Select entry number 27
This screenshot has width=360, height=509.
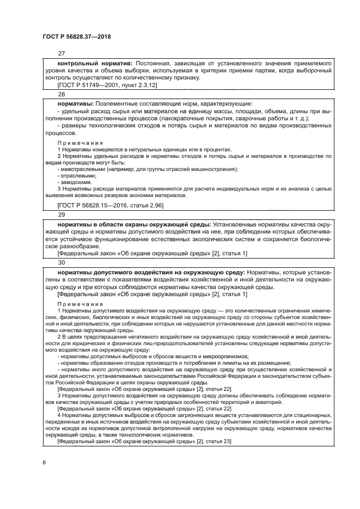61,53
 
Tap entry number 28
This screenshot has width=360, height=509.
61,94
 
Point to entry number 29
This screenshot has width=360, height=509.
61,215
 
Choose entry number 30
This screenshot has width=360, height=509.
61,262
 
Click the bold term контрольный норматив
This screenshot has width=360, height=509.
95,63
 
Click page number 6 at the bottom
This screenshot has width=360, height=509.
44,463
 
